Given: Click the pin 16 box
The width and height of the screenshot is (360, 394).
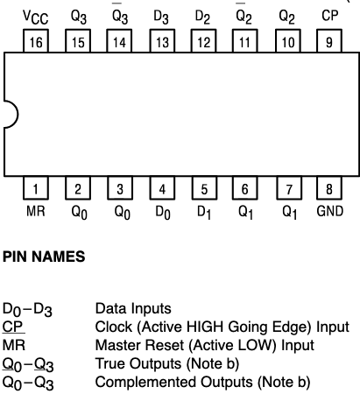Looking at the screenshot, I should [35, 40].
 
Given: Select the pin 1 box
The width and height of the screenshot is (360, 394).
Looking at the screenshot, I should [35, 187].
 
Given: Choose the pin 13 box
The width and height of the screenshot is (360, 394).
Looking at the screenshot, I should [162, 40].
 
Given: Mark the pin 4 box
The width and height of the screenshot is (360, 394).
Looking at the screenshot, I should [162, 187].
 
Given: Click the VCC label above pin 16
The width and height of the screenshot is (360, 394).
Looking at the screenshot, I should [35, 15].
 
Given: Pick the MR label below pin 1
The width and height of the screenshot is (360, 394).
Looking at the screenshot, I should [35, 211].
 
